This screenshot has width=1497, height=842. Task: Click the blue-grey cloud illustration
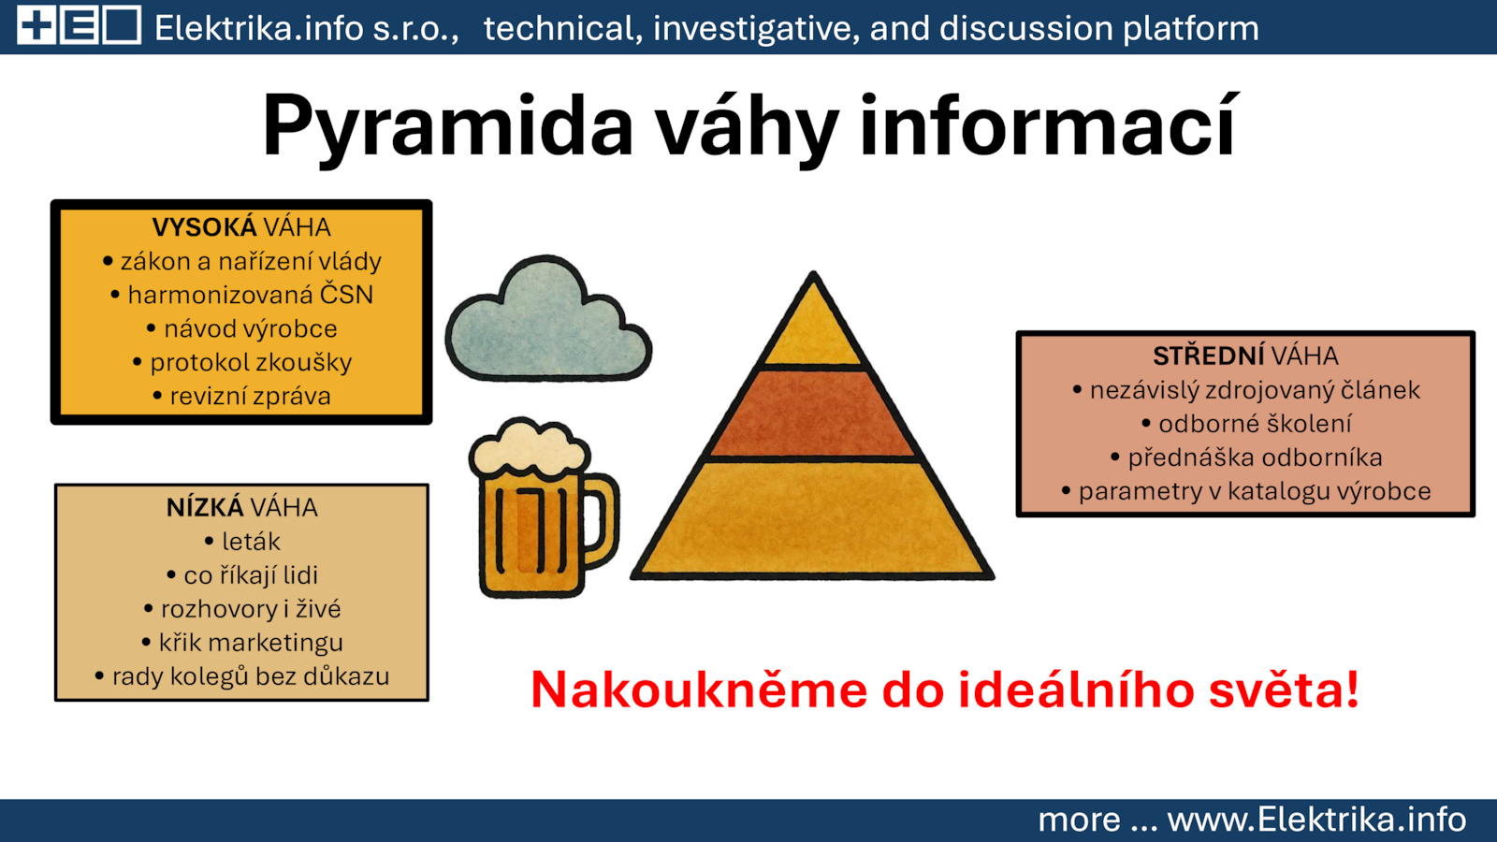click(x=548, y=321)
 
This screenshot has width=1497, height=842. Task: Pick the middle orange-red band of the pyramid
click(x=813, y=413)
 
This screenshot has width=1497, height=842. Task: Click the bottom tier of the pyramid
click(x=813, y=518)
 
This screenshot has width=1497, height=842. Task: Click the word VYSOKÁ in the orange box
click(x=204, y=227)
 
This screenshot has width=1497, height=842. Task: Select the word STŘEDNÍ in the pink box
click(x=1208, y=356)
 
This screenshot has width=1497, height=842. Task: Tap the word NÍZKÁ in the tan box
click(x=205, y=507)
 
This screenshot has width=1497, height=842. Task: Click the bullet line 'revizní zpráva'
click(x=242, y=396)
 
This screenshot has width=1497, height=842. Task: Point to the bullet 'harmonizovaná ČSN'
click(x=242, y=294)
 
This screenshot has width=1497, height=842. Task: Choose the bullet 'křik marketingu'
click(x=242, y=642)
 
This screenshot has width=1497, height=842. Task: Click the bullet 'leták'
click(x=242, y=541)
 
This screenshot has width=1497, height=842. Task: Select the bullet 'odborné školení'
click(x=1246, y=424)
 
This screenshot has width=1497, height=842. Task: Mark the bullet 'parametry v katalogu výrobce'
click(x=1246, y=491)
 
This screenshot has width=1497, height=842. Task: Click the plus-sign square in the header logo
click(x=36, y=25)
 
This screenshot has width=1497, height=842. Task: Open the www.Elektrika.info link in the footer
click(x=1316, y=820)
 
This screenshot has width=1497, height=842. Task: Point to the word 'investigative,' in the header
click(x=757, y=29)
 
